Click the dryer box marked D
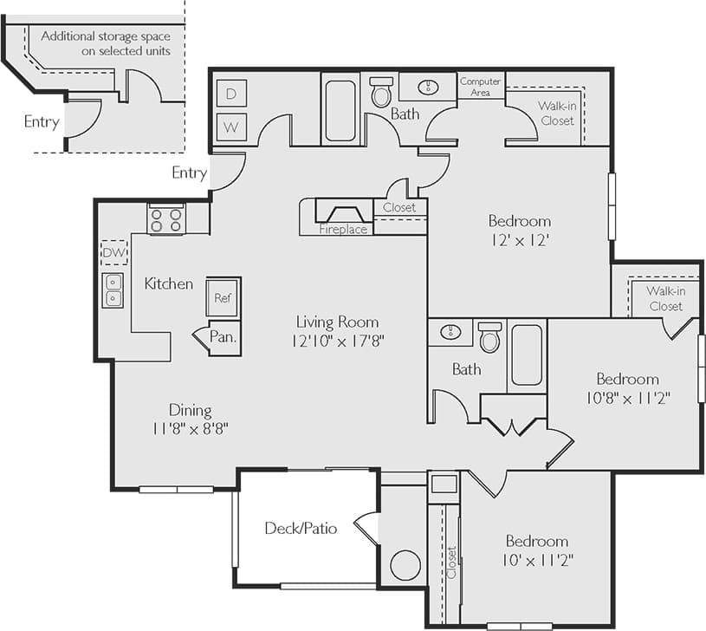231,93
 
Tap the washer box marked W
231,127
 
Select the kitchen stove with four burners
166,219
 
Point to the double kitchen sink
113,290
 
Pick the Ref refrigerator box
223,297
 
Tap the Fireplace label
343,230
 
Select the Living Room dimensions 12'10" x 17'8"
338,341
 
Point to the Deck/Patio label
301,528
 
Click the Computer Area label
480,86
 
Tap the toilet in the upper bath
381,92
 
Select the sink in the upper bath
428,87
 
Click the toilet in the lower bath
490,337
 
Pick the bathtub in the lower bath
526,355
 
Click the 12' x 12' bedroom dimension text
519,238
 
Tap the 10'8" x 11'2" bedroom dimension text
627,397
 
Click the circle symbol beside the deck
405,565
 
